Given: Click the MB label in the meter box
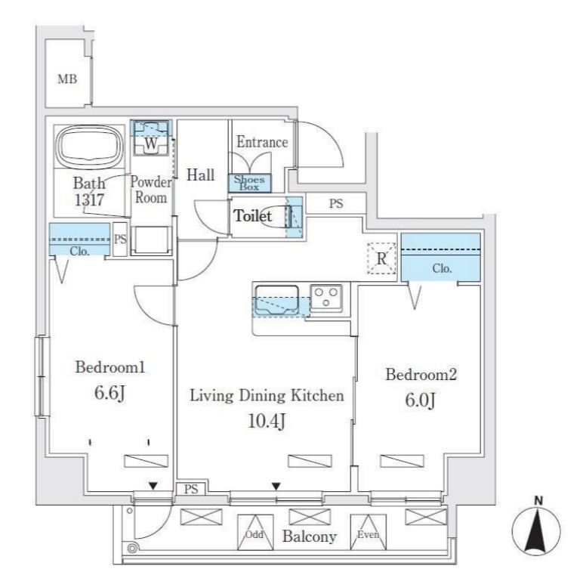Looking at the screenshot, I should tap(67, 78).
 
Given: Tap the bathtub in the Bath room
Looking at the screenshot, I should tap(89, 149).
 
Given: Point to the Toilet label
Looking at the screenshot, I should tap(252, 216).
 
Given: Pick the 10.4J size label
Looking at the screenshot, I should tap(267, 422).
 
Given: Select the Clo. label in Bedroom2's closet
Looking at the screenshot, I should tap(442, 268).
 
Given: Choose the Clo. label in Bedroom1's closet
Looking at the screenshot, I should tap(79, 251).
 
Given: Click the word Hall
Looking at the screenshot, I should tap(201, 175).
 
